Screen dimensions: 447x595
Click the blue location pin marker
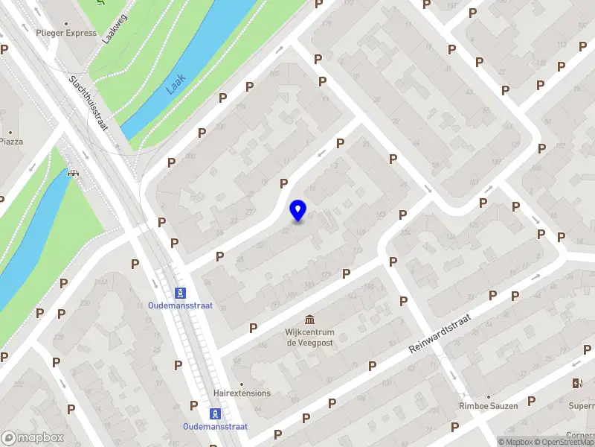[298, 211]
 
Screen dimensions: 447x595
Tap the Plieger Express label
[66, 33]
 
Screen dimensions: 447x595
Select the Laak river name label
[176, 83]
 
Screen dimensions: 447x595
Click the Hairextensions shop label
[242, 393]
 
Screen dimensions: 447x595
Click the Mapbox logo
[33, 438]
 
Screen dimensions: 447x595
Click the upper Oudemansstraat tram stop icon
[179, 292]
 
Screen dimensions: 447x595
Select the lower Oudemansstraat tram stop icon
[215, 413]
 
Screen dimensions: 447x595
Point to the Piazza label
[11, 141]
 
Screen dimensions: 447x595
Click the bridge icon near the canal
[73, 174]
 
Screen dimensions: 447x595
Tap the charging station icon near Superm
[576, 383]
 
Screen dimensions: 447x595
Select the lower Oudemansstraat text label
[215, 427]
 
